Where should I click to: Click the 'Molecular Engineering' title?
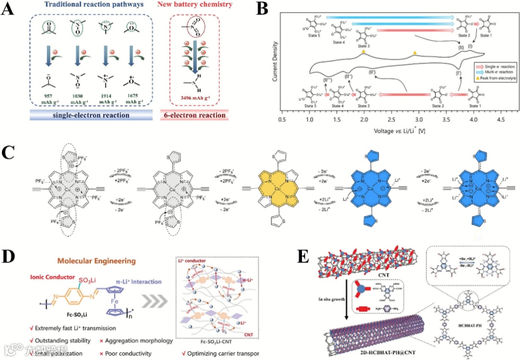click(100, 262)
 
